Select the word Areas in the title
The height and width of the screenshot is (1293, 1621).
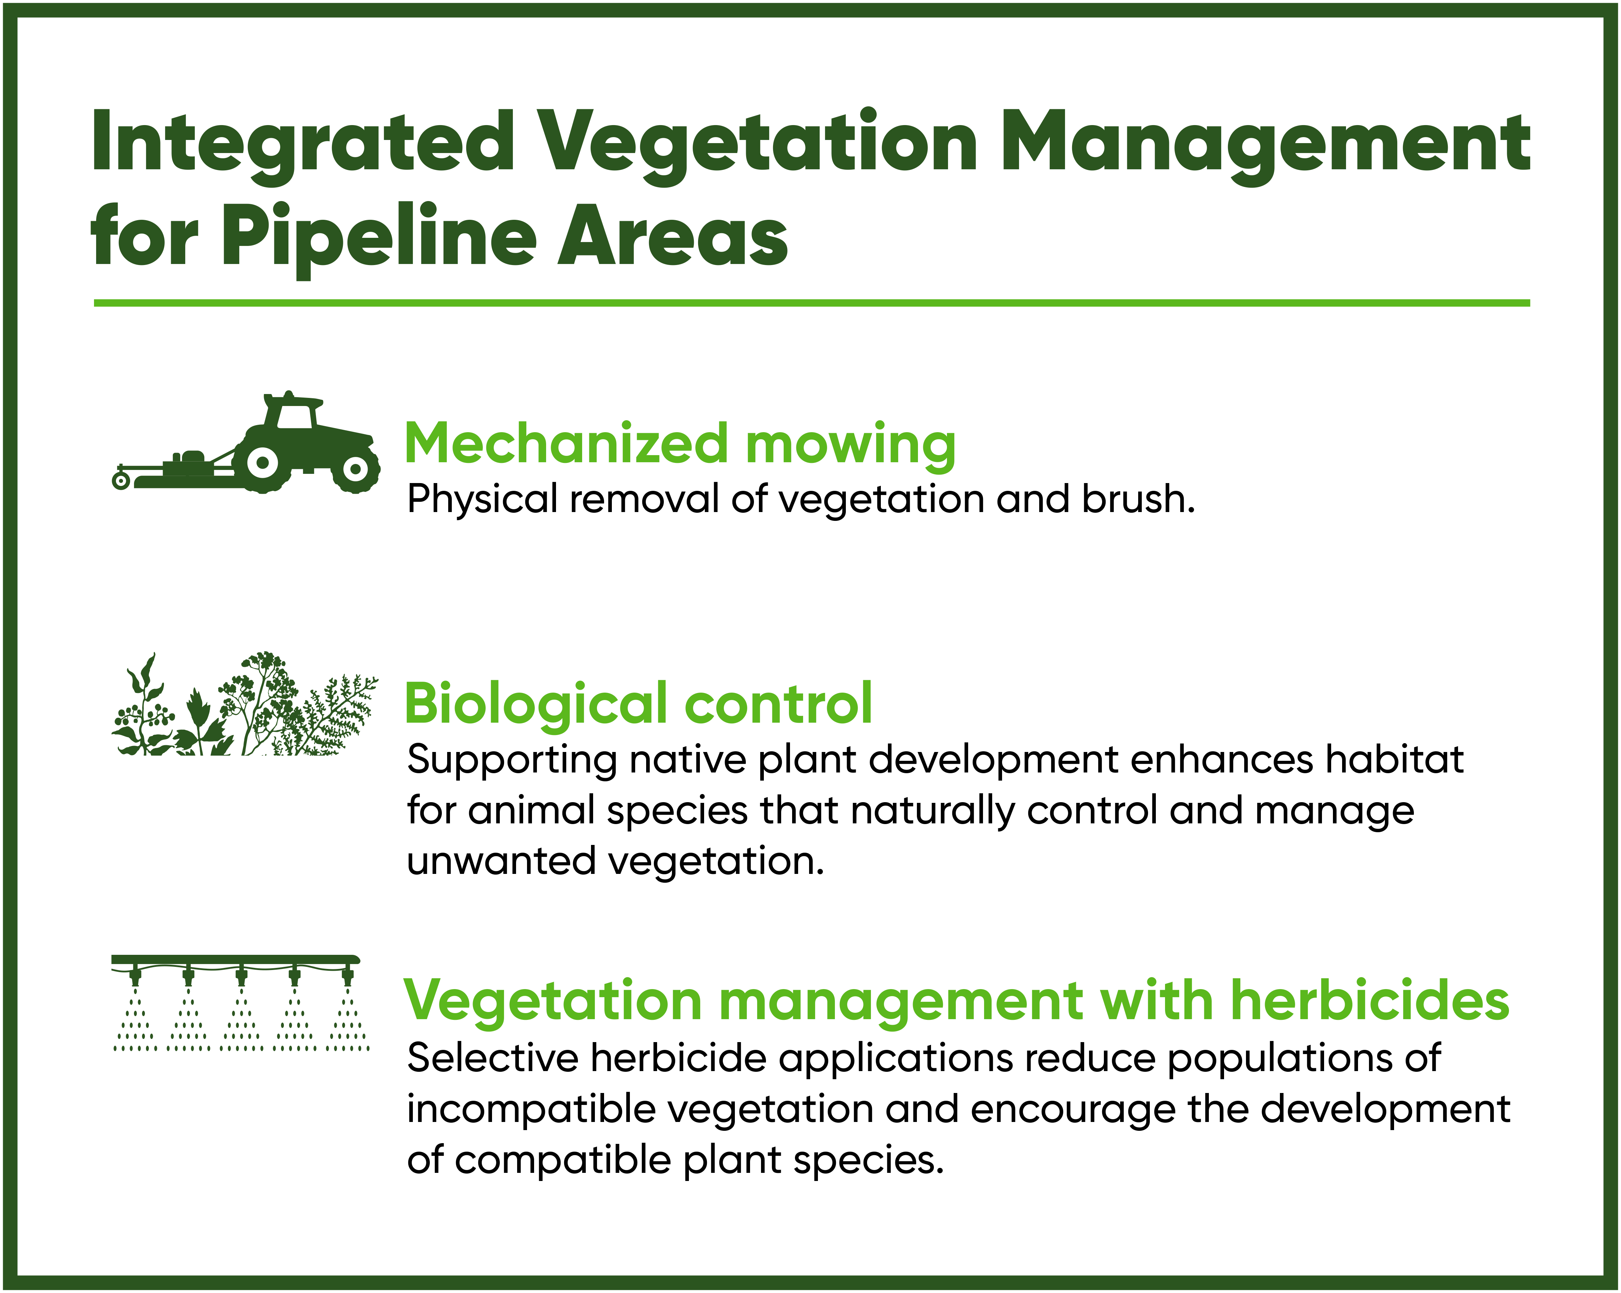[673, 235]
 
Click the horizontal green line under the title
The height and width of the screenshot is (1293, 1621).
[812, 303]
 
